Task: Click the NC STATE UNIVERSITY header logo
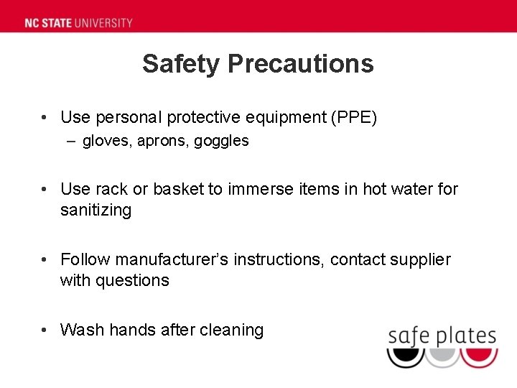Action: (x=78, y=22)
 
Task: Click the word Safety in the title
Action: (x=181, y=63)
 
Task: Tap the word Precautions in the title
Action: (x=301, y=63)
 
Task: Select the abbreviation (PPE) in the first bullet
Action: (x=353, y=117)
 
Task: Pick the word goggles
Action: (x=221, y=142)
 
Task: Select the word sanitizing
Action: (x=96, y=211)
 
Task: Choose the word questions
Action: (x=134, y=281)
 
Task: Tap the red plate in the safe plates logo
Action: (x=479, y=355)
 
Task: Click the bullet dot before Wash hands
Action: (x=45, y=330)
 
